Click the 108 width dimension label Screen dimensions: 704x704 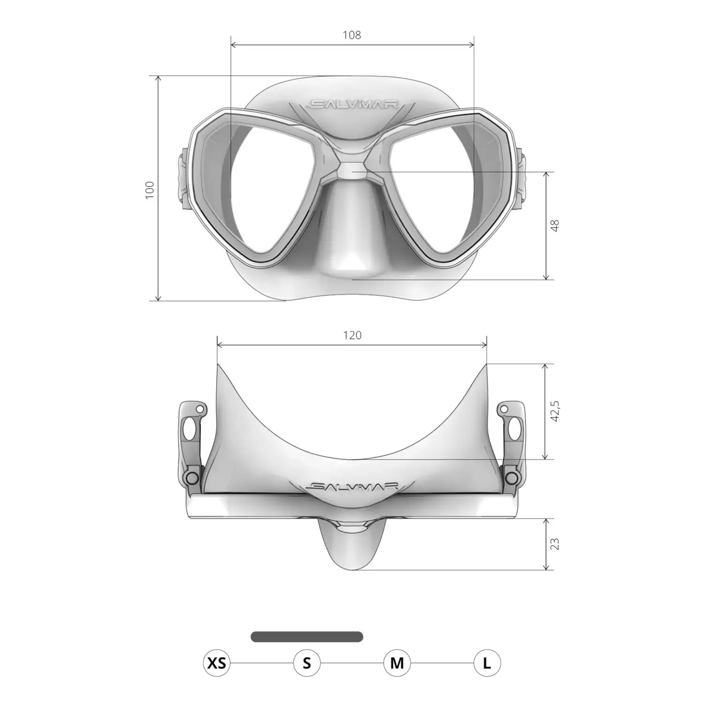[352, 35]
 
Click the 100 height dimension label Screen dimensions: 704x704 [150, 190]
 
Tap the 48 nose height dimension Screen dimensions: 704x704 [555, 226]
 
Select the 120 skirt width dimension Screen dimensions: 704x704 [352, 335]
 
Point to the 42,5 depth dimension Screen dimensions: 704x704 [555, 411]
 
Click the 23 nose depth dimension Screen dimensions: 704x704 [555, 544]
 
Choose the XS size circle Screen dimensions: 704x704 [217, 663]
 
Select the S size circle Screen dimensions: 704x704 [307, 663]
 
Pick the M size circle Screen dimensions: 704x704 [397, 663]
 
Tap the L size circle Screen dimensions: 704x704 [487, 663]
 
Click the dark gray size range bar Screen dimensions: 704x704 [307, 637]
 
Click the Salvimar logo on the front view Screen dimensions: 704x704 [352, 104]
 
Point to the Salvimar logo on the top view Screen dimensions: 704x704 [352, 487]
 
